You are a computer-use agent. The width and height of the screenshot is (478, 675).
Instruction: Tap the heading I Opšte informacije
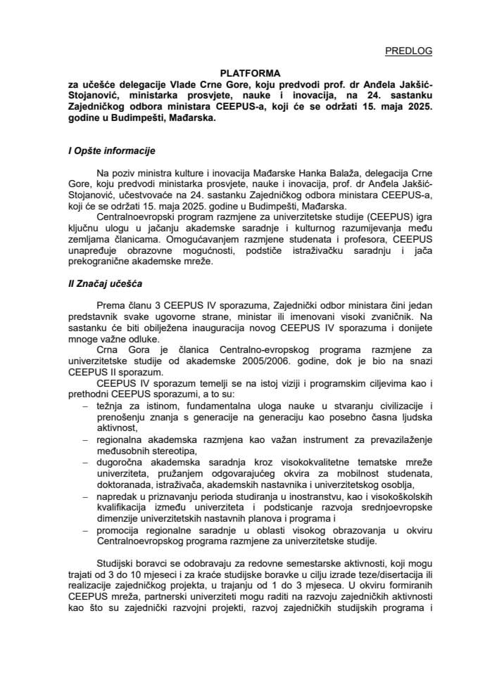pyautogui.click(x=107, y=150)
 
